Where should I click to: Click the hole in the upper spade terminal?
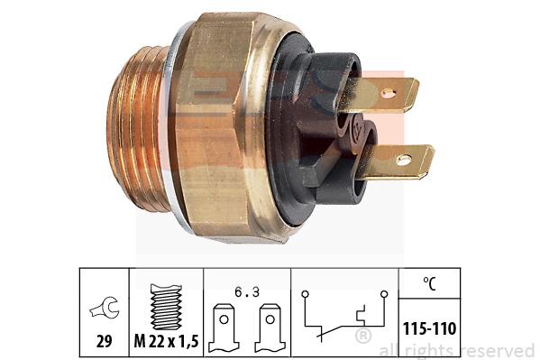tap(388, 92)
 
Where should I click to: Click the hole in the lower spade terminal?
tap(404, 160)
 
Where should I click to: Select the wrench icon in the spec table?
tap(105, 308)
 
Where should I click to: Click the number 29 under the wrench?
tap(104, 341)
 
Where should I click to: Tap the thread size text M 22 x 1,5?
tap(167, 341)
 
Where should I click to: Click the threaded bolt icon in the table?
tap(167, 307)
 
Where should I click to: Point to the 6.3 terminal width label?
tap(247, 292)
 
